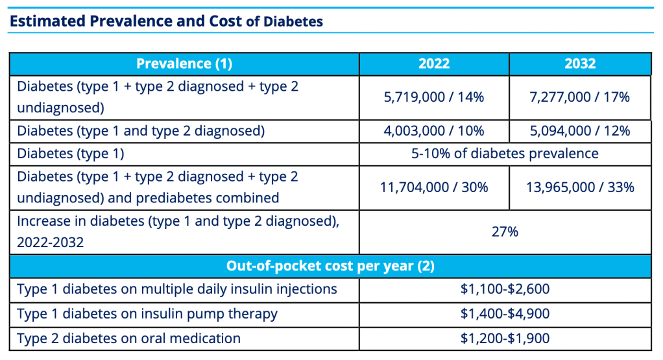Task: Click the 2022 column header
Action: [433, 64]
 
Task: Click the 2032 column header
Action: [580, 64]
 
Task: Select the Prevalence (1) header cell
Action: [184, 64]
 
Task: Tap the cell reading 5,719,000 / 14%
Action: [433, 97]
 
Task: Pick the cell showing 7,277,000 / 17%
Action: [580, 97]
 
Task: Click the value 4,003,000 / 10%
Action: [433, 131]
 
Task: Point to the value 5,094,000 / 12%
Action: [580, 131]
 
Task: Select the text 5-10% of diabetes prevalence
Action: [505, 154]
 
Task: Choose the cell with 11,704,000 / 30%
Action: [433, 187]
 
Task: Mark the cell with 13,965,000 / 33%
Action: [580, 187]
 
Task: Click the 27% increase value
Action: [505, 232]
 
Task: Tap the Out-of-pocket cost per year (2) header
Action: [330, 266]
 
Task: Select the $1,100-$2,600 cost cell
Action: [505, 289]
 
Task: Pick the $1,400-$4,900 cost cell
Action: [505, 314]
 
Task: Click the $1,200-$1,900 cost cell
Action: [505, 339]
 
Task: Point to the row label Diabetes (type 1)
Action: [71, 154]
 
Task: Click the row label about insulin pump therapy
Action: [147, 314]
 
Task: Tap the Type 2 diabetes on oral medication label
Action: [128, 339]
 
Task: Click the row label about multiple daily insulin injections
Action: [176, 289]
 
